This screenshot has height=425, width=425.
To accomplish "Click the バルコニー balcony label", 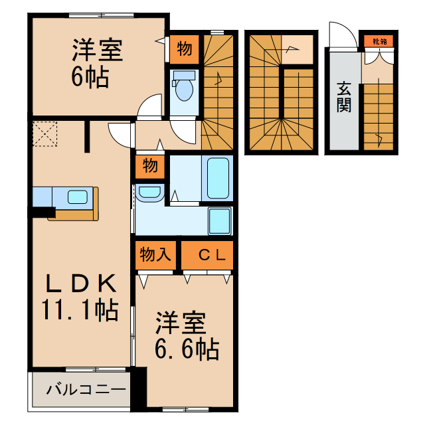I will (86, 389).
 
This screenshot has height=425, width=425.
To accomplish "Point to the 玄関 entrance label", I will (343, 97).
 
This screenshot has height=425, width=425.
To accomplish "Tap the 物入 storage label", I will (155, 253).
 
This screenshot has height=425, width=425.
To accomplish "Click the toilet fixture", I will (183, 88).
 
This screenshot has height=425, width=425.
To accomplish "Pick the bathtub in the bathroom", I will (218, 178).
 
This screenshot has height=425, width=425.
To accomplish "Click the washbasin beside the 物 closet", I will (149, 193).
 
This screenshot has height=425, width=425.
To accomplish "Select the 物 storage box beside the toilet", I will (185, 48).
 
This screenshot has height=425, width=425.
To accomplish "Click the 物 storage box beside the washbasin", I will (149, 165).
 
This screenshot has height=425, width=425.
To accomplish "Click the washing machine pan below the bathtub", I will (218, 219).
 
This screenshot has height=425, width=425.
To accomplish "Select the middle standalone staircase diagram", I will (280, 93).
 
